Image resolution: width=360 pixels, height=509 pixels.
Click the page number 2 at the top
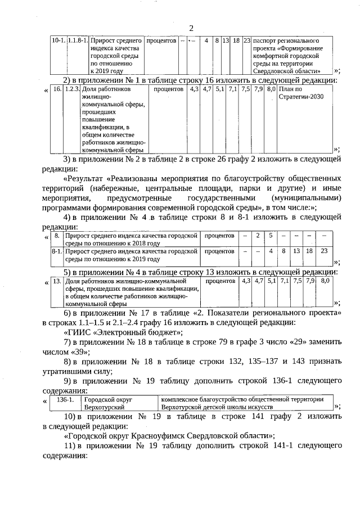click(x=191, y=29)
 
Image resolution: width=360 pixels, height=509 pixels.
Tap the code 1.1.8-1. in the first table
click(x=77, y=42)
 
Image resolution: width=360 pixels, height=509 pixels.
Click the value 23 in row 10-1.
click(x=246, y=42)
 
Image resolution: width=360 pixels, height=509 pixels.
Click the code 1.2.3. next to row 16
click(x=71, y=89)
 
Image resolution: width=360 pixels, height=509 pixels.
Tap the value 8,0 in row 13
click(x=325, y=280)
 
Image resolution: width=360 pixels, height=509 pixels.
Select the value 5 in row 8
click(x=271, y=235)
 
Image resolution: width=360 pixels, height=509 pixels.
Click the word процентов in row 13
click(x=220, y=280)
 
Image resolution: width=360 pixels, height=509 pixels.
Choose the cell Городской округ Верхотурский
click(x=108, y=403)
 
